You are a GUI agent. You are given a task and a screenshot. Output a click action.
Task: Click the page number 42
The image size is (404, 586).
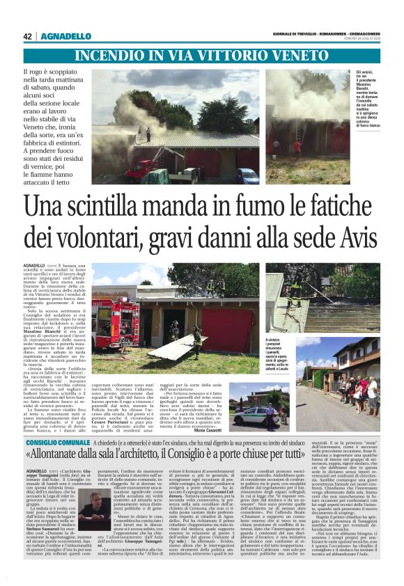[x=28, y=36]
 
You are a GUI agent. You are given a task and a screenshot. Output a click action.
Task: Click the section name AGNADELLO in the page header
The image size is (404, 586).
[x=66, y=36]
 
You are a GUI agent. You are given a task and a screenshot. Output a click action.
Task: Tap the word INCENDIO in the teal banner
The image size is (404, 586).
[x=107, y=56]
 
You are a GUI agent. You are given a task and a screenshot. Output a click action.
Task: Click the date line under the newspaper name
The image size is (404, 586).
[x=356, y=40]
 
